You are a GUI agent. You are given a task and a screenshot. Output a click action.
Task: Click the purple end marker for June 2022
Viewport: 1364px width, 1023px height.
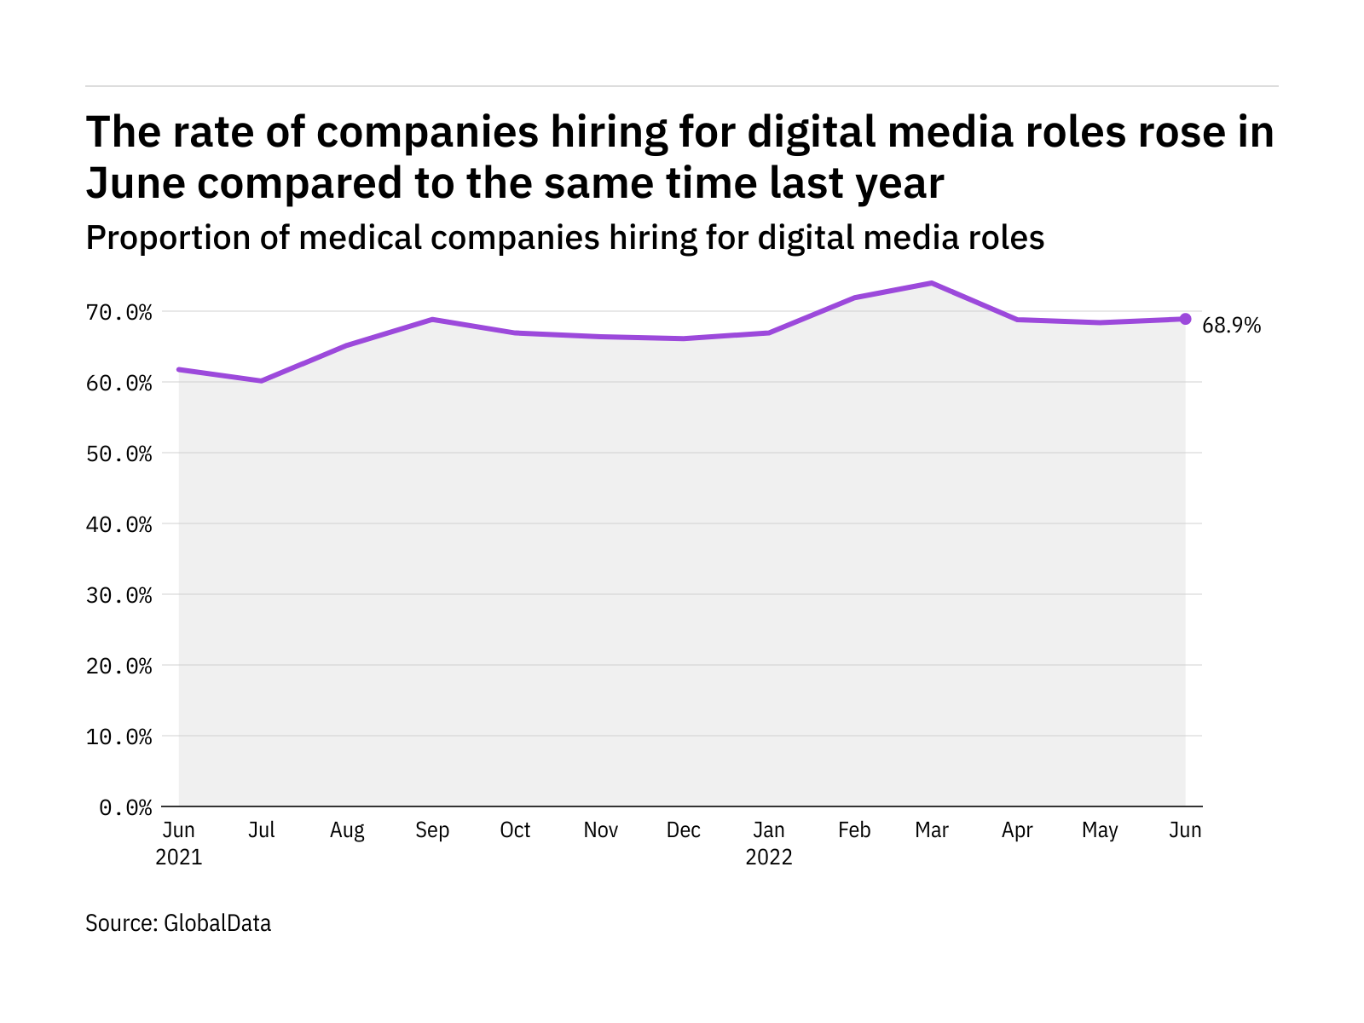[1185, 319]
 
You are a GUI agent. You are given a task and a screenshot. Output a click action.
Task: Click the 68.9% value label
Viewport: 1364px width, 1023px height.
[1231, 326]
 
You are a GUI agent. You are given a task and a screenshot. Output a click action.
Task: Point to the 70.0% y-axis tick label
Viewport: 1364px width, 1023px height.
[119, 313]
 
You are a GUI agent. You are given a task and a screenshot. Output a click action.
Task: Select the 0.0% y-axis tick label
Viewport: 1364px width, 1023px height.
[126, 807]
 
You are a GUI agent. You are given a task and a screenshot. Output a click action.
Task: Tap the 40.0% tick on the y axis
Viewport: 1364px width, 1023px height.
[119, 524]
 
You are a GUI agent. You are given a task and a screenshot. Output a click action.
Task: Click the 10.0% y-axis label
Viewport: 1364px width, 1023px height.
[119, 737]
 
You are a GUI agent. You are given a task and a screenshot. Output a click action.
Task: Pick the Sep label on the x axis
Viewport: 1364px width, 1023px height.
[432, 830]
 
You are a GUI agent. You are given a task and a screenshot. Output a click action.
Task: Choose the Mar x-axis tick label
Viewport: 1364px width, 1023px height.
[932, 830]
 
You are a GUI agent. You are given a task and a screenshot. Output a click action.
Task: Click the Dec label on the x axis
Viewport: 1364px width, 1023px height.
[684, 830]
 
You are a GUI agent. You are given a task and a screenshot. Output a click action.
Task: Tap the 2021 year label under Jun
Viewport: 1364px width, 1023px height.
[179, 857]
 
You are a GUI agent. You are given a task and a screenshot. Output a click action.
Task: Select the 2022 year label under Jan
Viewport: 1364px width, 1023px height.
[769, 857]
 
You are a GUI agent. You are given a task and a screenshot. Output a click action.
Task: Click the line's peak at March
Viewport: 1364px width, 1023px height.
[932, 283]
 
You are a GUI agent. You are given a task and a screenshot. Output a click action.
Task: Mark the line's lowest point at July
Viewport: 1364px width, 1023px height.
[262, 380]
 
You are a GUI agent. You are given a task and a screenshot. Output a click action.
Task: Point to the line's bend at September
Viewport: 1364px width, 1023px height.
[432, 320]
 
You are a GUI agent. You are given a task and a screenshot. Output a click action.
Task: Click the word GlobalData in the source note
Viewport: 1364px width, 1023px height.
[217, 923]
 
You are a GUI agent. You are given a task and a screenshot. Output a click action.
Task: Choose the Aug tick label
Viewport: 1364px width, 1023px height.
[347, 830]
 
